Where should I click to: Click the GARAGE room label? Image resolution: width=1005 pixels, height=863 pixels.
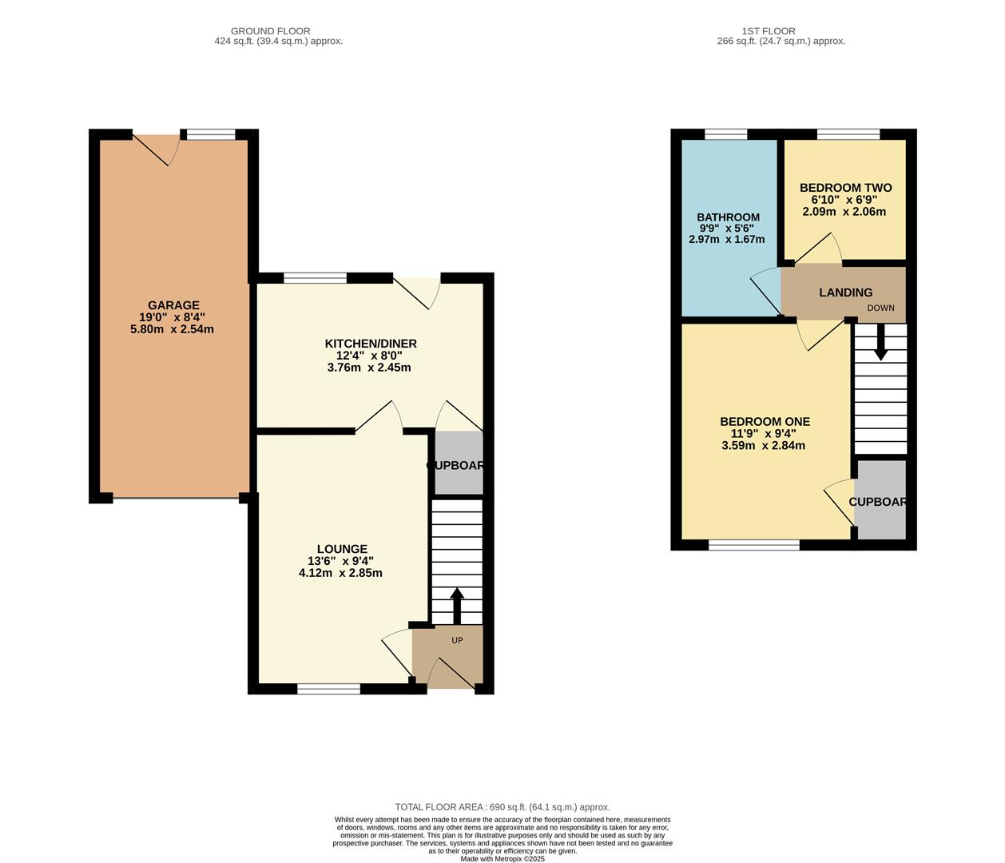point(173,305)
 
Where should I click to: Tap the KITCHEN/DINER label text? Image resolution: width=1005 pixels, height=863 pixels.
point(370,344)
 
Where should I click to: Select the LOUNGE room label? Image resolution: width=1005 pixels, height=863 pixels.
point(342,549)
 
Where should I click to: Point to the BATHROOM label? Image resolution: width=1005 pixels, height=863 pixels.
point(728,217)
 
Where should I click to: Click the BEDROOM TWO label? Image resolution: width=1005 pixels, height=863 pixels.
point(845,188)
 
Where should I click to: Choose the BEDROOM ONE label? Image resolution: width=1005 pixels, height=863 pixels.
point(765,422)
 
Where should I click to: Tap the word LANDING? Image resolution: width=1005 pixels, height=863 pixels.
point(845,292)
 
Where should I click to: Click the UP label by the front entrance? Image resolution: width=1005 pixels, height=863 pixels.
point(457,640)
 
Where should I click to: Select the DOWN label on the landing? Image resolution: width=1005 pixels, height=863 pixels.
point(880,308)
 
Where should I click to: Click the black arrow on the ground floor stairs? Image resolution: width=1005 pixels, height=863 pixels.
point(457,606)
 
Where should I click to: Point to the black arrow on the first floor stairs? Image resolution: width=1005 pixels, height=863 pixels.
point(880,344)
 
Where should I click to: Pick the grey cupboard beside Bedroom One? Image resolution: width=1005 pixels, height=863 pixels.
point(880,500)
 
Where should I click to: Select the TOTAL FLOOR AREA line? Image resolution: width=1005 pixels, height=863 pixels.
point(502,807)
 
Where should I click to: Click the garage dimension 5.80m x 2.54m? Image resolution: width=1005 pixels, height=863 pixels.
point(172,329)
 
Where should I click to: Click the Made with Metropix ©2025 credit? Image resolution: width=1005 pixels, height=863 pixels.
point(502,859)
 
